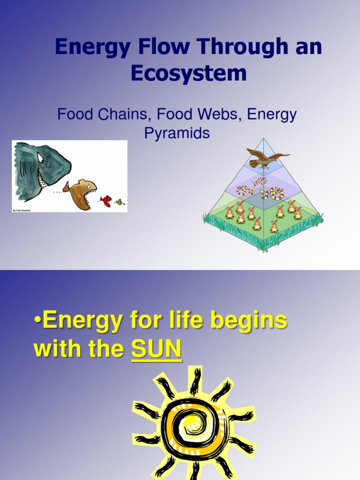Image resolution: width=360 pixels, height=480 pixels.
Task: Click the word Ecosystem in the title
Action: tap(189, 73)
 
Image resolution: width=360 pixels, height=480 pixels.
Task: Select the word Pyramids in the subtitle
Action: tap(177, 134)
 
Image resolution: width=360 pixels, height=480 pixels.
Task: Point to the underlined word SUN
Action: tap(156, 350)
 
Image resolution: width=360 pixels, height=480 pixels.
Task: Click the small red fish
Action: tap(106, 201)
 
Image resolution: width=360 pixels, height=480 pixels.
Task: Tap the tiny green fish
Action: tap(119, 202)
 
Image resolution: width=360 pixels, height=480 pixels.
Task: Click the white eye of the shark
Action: tap(41, 157)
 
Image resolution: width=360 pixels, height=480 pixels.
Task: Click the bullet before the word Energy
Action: tap(37, 322)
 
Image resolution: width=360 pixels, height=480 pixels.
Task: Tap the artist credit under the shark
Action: tap(22, 210)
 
